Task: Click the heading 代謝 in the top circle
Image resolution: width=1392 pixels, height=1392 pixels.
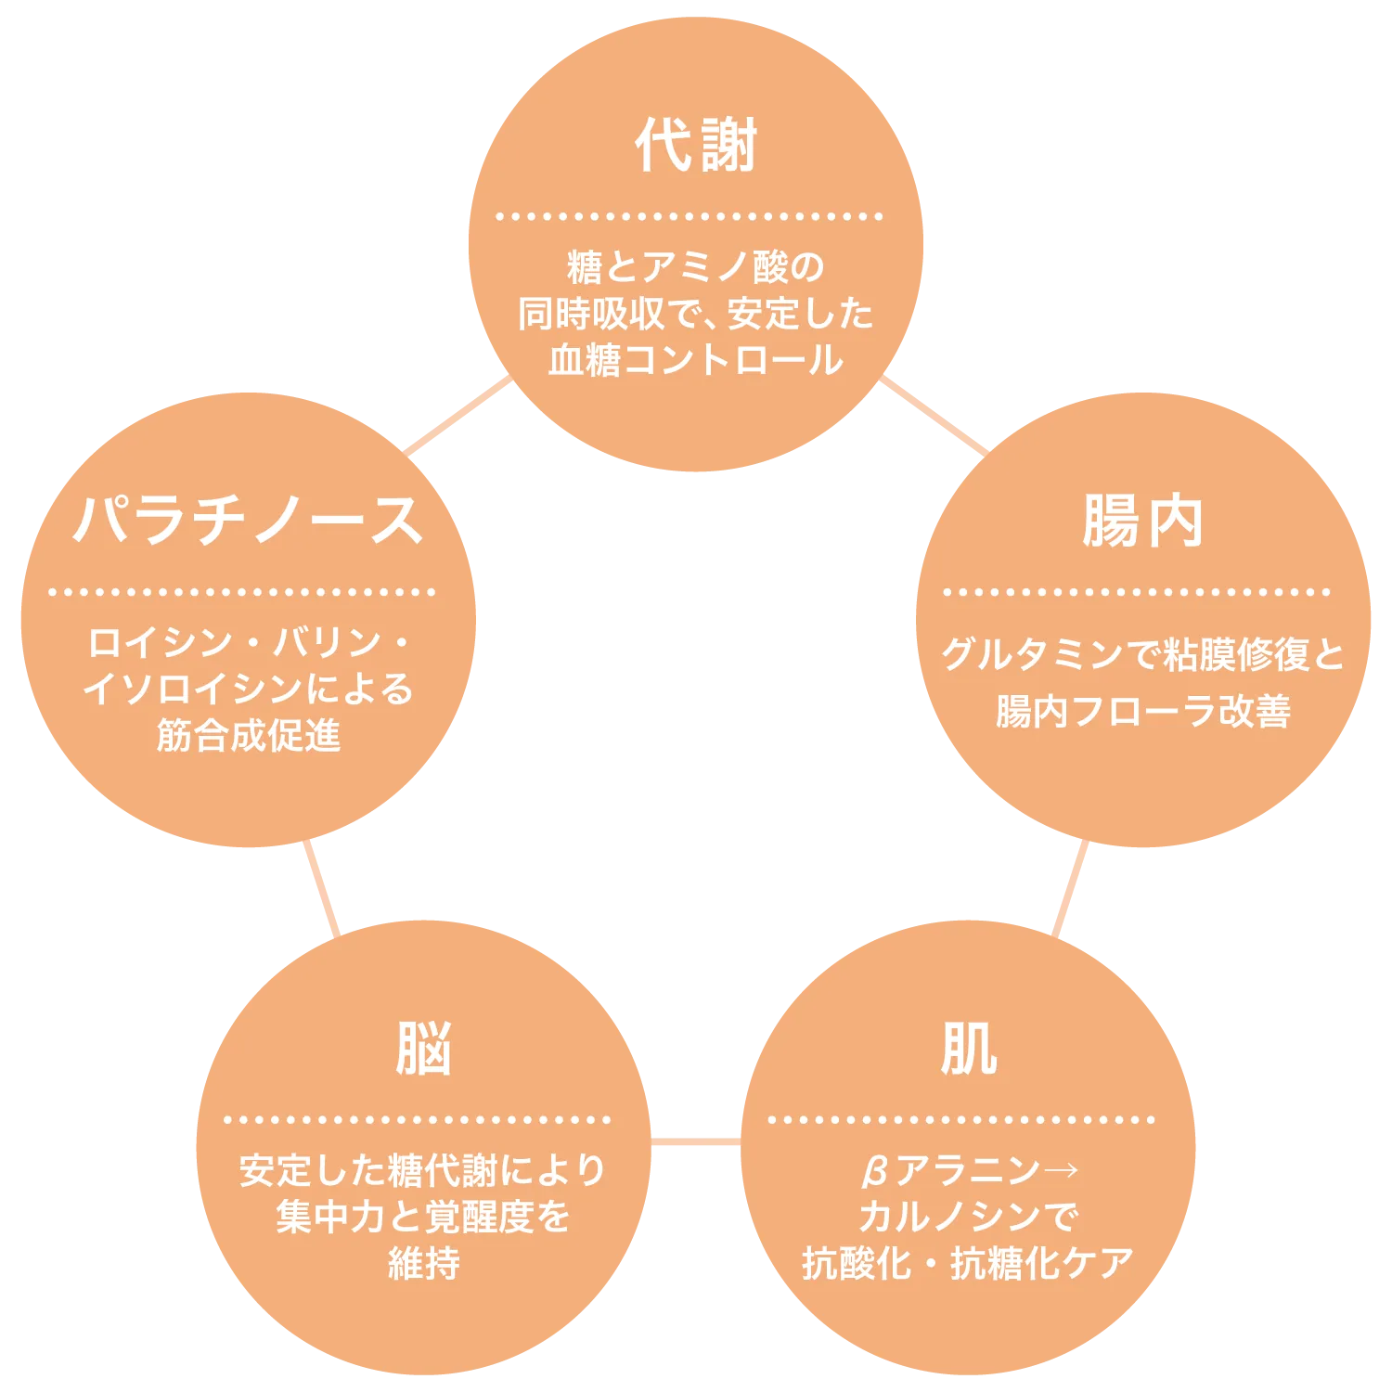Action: [x=696, y=145]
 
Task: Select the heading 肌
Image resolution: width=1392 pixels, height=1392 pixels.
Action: [x=969, y=1049]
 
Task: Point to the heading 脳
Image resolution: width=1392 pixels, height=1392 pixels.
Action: [x=423, y=1049]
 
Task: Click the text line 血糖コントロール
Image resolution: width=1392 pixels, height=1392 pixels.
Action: [x=696, y=360]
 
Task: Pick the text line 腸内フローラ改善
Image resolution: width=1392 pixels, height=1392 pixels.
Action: [x=1143, y=711]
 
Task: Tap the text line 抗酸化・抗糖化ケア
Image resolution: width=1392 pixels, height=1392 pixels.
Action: [x=968, y=1263]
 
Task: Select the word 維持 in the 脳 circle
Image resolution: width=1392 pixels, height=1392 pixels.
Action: [x=423, y=1263]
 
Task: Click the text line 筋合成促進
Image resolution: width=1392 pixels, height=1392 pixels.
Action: [x=249, y=735]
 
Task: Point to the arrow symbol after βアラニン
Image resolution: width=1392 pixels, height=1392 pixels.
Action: [x=1061, y=1169]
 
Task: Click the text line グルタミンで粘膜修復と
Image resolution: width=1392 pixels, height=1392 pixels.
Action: [x=1143, y=655]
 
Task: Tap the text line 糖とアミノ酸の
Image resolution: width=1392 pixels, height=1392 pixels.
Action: [x=696, y=267]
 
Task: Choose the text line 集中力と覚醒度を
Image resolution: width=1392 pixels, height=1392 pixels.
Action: [x=423, y=1217]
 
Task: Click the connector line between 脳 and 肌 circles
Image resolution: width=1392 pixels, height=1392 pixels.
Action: [x=696, y=1141]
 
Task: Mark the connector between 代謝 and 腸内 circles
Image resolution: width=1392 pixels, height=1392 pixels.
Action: [x=934, y=415]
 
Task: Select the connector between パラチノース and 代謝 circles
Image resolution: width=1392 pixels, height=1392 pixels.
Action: [x=458, y=415]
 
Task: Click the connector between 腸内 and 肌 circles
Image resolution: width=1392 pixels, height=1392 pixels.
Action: [x=1070, y=888]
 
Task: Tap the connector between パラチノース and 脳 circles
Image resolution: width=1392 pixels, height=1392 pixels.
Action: [x=322, y=888]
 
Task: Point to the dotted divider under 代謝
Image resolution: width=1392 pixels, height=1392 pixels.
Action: [x=690, y=216]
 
